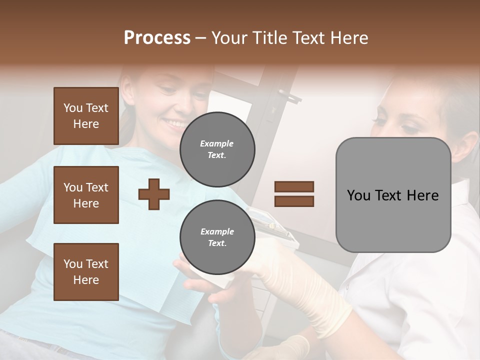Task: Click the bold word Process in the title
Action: [x=157, y=38]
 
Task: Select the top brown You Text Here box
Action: [x=86, y=116]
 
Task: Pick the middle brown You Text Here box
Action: [x=86, y=195]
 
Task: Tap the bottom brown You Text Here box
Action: [x=86, y=271]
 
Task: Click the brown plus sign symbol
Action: [x=154, y=194]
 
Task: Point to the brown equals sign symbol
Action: [x=294, y=194]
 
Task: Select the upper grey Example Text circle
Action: [x=217, y=149]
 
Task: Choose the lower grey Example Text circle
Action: [x=217, y=237]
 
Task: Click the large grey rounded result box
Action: [x=393, y=195]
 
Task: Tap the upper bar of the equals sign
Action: [x=294, y=186]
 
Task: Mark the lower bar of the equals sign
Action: [x=294, y=201]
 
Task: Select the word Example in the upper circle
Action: [x=217, y=143]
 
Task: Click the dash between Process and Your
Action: [x=200, y=38]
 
